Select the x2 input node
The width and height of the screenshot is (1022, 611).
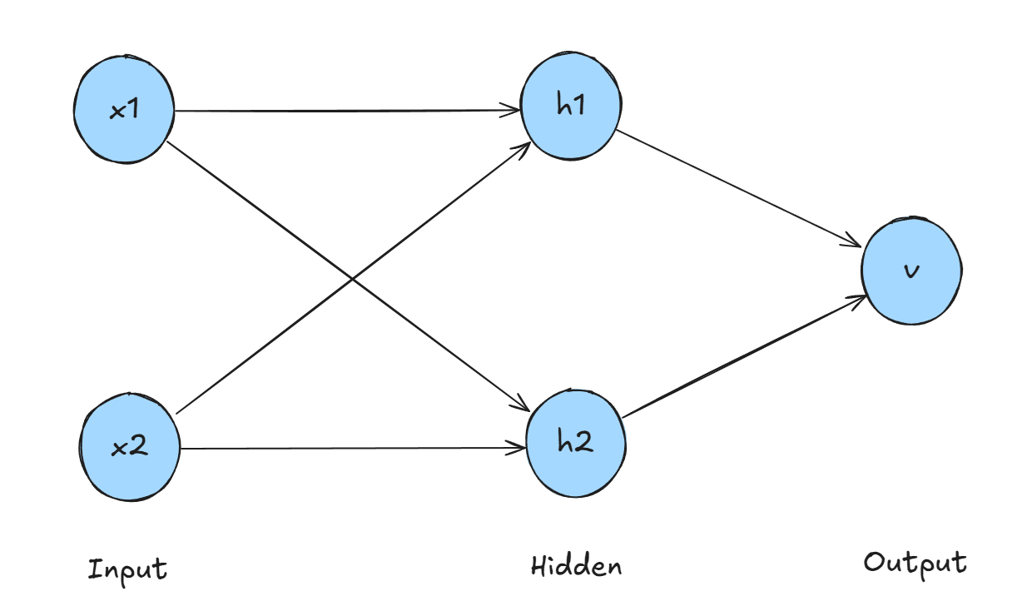[x=129, y=448]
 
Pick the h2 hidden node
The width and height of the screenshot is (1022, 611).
[x=576, y=443]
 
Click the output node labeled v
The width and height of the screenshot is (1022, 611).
[x=911, y=271]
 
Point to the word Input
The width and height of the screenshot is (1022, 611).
[x=128, y=570]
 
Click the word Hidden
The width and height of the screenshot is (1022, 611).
[x=576, y=567]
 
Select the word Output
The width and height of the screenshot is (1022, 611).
[x=915, y=564]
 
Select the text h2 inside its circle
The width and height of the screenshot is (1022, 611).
[x=576, y=443]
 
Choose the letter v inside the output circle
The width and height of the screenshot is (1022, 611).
[x=912, y=271]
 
